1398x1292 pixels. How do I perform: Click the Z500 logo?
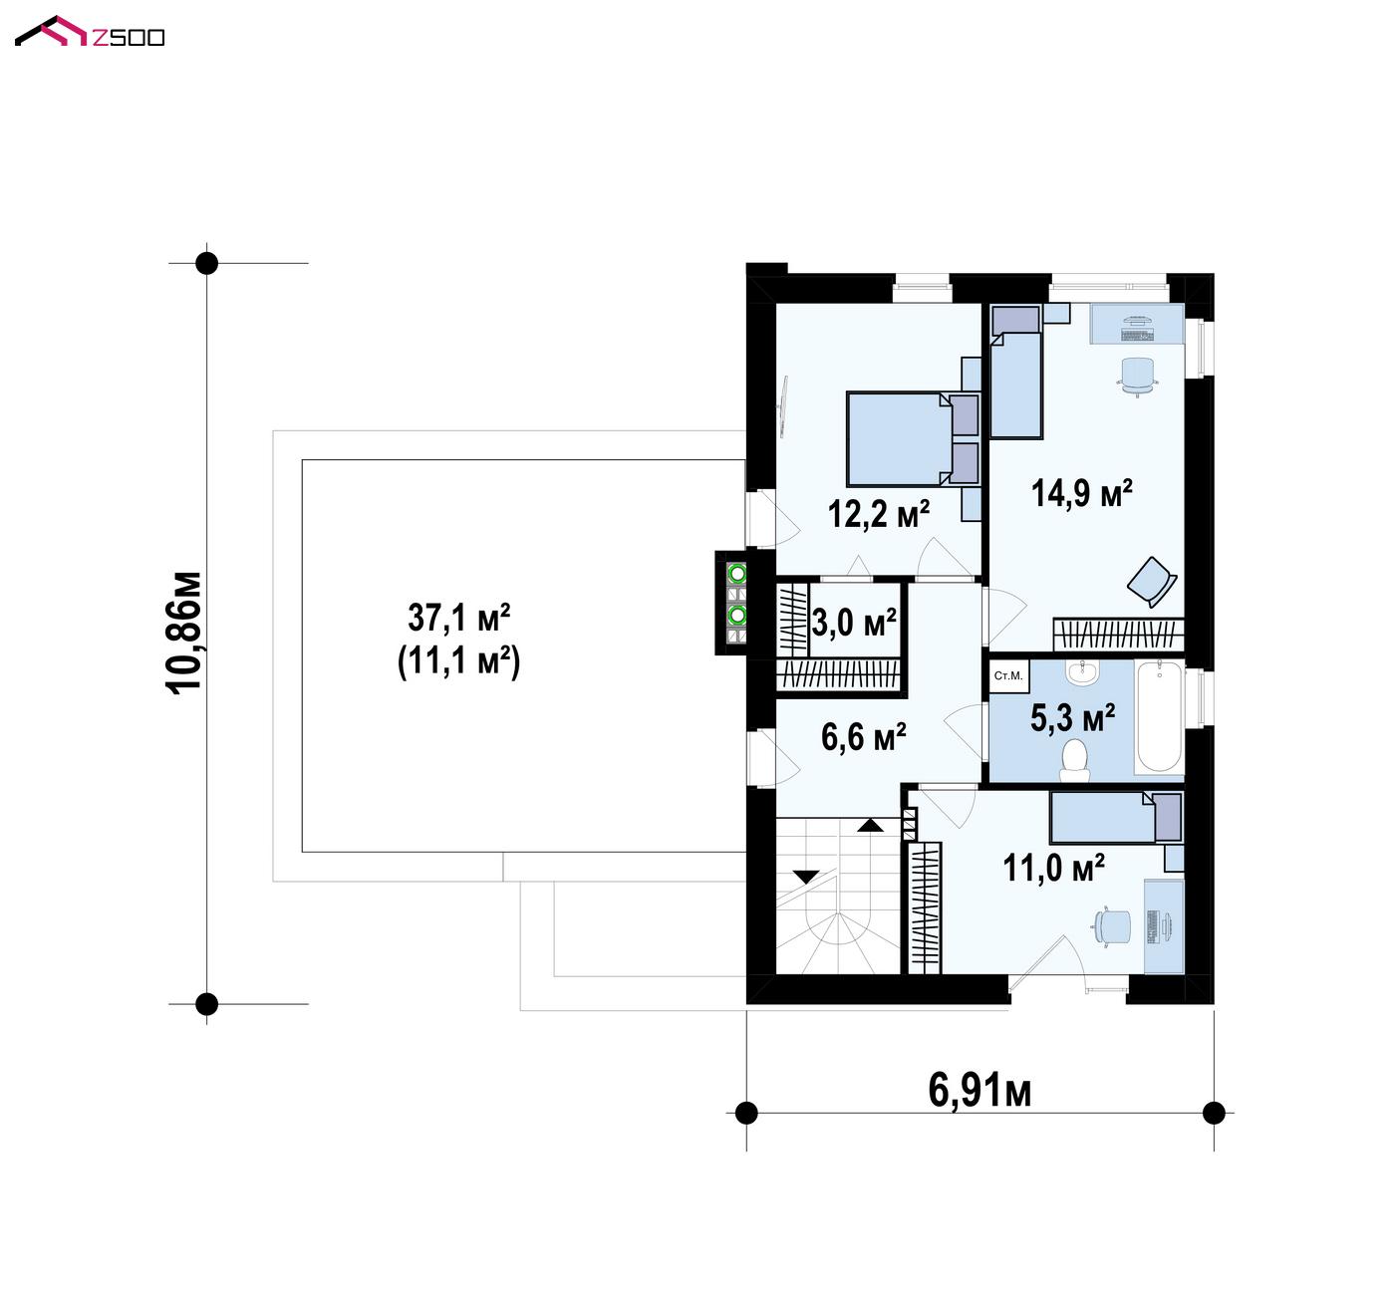(90, 32)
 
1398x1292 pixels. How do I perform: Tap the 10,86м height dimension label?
(183, 634)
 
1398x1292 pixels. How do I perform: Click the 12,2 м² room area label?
(879, 514)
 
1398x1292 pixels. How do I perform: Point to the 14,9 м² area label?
(1082, 493)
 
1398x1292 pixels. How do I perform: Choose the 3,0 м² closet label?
(855, 623)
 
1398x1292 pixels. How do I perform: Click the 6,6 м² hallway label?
(864, 737)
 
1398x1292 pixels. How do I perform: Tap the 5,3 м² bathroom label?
(1073, 718)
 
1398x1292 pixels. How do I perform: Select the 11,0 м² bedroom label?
(1054, 868)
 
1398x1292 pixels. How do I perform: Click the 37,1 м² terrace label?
(459, 618)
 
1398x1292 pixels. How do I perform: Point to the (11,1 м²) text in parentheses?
(459, 661)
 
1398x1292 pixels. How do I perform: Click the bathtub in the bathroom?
(1160, 717)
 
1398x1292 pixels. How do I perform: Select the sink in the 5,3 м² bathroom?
(1082, 672)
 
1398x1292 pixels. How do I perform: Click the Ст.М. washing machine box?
(1009, 676)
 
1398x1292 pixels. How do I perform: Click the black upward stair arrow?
(870, 825)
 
